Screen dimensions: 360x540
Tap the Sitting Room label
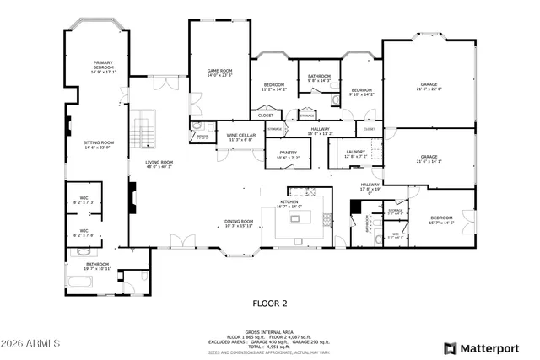click(x=97, y=145)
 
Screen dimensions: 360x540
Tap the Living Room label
click(x=159, y=164)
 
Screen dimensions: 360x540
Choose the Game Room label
click(x=219, y=73)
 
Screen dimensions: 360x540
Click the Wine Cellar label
click(x=240, y=137)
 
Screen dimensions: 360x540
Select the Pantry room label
click(x=288, y=154)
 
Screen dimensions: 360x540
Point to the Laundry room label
click(x=355, y=153)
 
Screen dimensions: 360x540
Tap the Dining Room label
click(x=239, y=223)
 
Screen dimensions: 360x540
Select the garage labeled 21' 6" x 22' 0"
click(x=429, y=87)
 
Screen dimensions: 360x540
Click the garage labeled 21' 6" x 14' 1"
click(x=429, y=159)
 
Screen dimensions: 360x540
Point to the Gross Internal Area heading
click(x=270, y=332)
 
